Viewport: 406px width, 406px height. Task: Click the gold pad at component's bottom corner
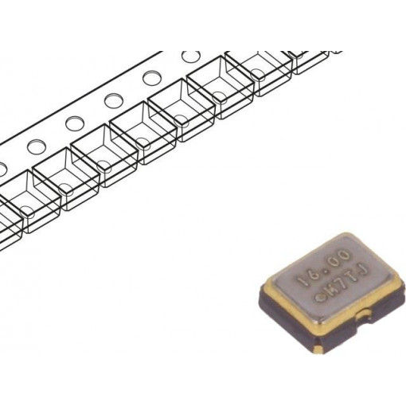coord(319,345)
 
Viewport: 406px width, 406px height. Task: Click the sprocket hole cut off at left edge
coord(2,168)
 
